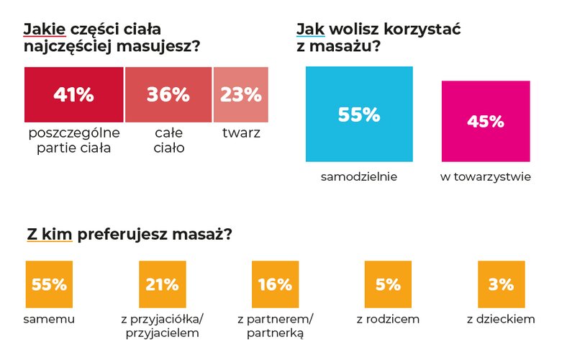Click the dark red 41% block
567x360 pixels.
[x=73, y=94]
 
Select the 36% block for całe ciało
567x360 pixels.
[x=168, y=94]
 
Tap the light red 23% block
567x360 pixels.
[x=241, y=94]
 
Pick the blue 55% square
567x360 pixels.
[x=359, y=114]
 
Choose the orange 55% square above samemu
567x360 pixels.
[x=49, y=284]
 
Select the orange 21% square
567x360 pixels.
[x=162, y=284]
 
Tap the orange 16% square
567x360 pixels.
[x=275, y=284]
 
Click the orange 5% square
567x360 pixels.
[x=388, y=284]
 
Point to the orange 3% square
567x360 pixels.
[x=501, y=284]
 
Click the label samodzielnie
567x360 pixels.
[x=359, y=176]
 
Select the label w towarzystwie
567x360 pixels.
[x=486, y=176]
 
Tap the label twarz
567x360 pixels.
[x=241, y=133]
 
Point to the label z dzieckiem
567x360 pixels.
[x=501, y=319]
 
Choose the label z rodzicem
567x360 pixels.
[x=388, y=319]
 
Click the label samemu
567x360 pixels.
[x=49, y=319]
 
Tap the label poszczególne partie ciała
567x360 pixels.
[x=73, y=141]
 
